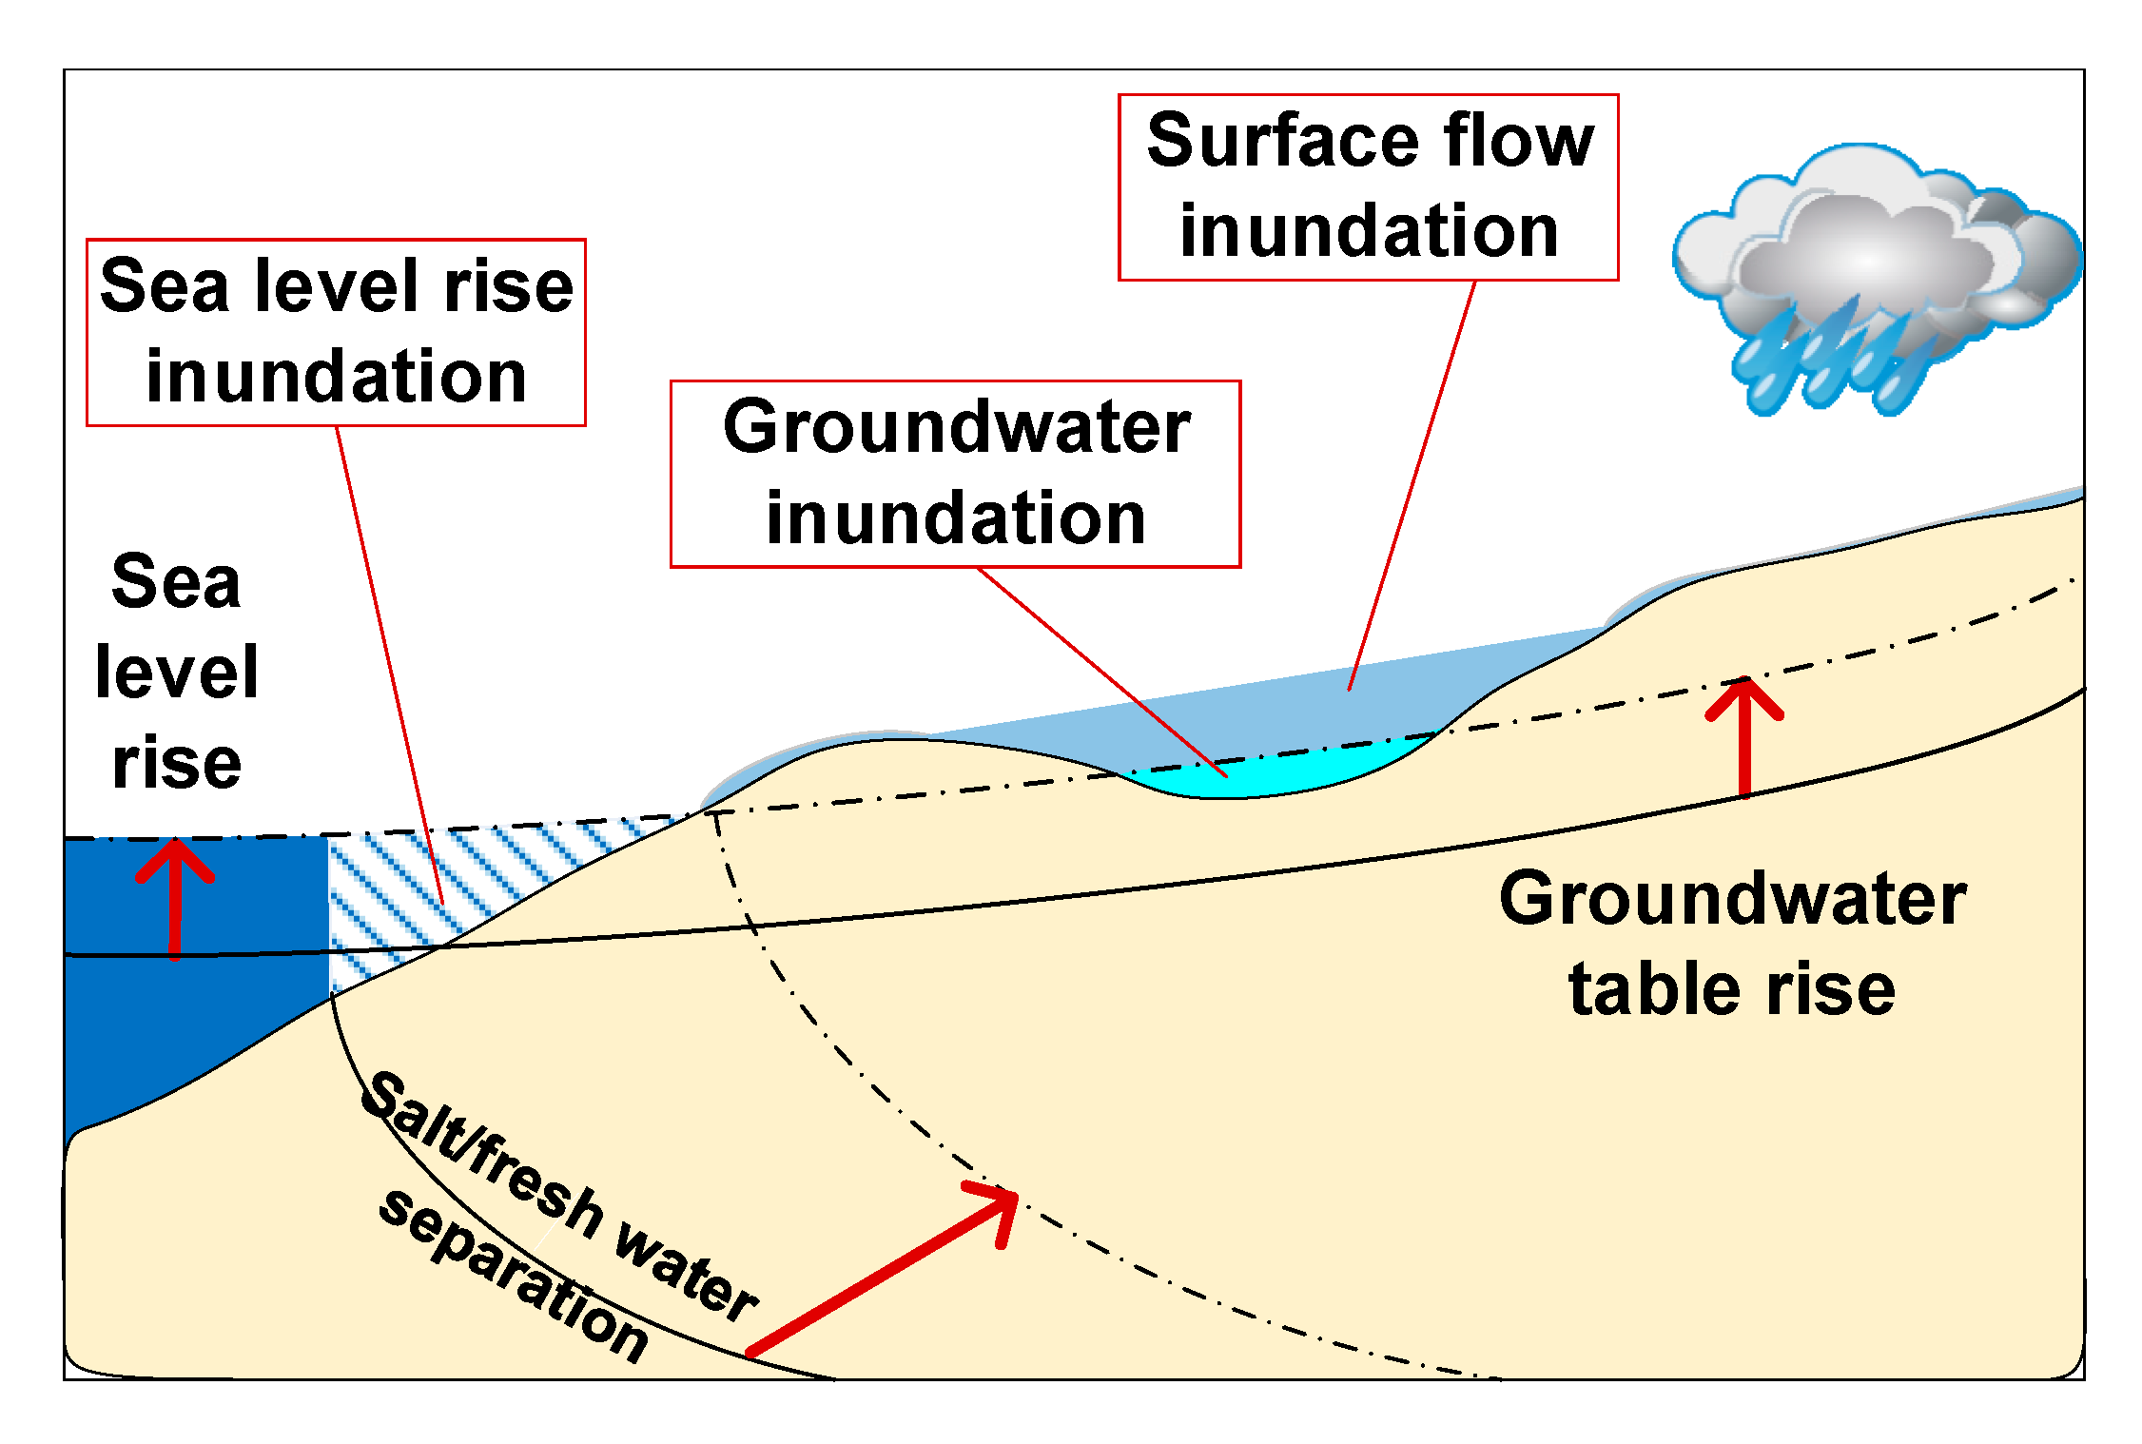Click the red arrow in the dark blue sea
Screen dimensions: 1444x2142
pyautogui.click(x=175, y=894)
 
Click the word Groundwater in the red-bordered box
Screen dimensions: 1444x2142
pyautogui.click(x=956, y=427)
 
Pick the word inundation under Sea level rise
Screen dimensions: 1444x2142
pyautogui.click(x=336, y=377)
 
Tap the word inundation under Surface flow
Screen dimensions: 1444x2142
pyautogui.click(x=1369, y=231)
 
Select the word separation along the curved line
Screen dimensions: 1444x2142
pyautogui.click(x=514, y=1275)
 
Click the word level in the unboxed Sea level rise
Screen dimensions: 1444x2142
pyautogui.click(x=177, y=672)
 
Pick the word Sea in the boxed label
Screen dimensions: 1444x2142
pyautogui.click(x=165, y=285)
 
